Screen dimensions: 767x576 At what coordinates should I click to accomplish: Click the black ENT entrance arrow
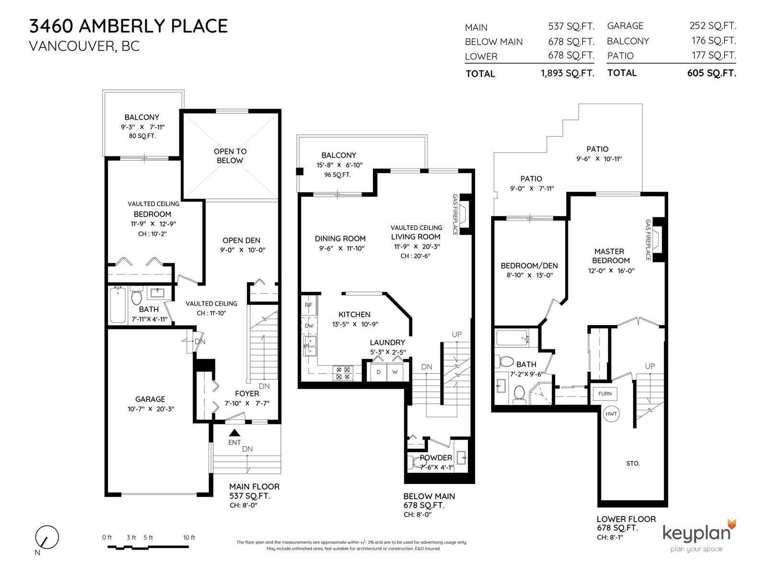click(234, 432)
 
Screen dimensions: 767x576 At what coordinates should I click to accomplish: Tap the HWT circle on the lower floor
click(611, 414)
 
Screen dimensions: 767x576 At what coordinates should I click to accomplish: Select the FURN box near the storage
click(605, 394)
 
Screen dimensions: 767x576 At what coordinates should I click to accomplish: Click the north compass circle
click(47, 537)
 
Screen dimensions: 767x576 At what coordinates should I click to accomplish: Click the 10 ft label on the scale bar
click(189, 537)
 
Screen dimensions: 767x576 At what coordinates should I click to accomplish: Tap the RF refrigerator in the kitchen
click(309, 305)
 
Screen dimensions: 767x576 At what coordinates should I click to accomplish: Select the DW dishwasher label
click(309, 325)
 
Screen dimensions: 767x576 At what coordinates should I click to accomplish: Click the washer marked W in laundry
click(395, 372)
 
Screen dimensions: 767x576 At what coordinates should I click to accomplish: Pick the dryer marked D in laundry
click(378, 372)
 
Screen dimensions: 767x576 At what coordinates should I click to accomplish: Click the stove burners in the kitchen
click(343, 373)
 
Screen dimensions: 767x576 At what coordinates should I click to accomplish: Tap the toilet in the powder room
click(416, 462)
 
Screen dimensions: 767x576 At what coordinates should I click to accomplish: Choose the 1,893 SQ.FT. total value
click(568, 73)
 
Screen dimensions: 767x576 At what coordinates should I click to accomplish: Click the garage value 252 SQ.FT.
click(713, 25)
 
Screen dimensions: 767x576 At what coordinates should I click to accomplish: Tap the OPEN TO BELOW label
click(230, 156)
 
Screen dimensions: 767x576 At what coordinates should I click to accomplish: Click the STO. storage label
click(633, 463)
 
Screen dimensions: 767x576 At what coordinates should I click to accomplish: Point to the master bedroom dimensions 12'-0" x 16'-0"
click(611, 271)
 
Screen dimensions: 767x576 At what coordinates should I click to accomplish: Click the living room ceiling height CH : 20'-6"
click(416, 256)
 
